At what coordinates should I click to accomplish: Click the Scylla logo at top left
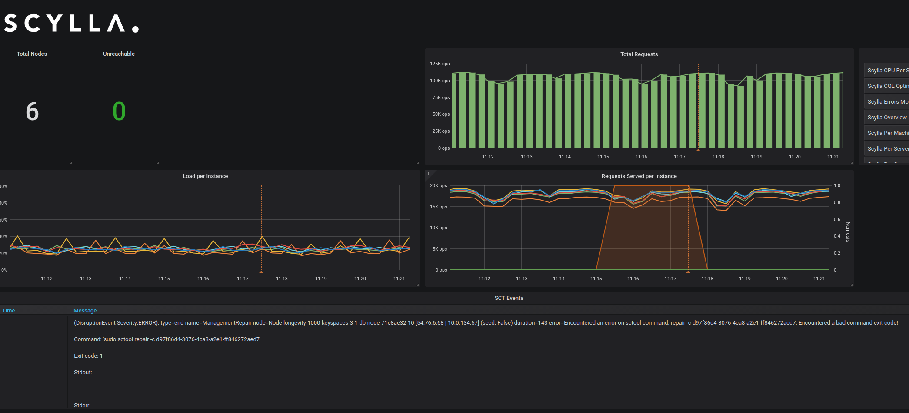click(x=71, y=24)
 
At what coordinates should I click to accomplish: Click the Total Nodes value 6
click(x=32, y=111)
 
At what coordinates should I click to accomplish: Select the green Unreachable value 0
click(x=119, y=111)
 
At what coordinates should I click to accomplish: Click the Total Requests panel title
click(x=639, y=54)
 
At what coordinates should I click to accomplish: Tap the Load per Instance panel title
click(x=205, y=176)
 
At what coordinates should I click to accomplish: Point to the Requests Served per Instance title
click(x=639, y=176)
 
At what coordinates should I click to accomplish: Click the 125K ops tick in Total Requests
click(x=440, y=64)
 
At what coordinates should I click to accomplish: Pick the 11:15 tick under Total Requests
click(x=603, y=157)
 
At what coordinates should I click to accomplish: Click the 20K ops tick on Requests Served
click(x=438, y=186)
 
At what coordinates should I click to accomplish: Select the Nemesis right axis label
click(x=848, y=232)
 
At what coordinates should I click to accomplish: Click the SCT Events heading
click(x=509, y=298)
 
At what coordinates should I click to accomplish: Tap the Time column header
click(x=9, y=311)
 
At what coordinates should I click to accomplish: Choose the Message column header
click(x=85, y=311)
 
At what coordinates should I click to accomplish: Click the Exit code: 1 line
click(x=88, y=356)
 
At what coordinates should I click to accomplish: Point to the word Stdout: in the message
click(x=83, y=373)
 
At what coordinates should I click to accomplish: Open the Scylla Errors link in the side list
click(x=887, y=102)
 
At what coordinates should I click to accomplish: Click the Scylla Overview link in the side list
click(x=887, y=118)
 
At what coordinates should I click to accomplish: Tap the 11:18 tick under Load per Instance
click(x=282, y=279)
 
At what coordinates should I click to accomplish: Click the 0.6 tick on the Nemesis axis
click(x=837, y=220)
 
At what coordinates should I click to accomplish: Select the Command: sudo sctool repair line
click(x=167, y=339)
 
